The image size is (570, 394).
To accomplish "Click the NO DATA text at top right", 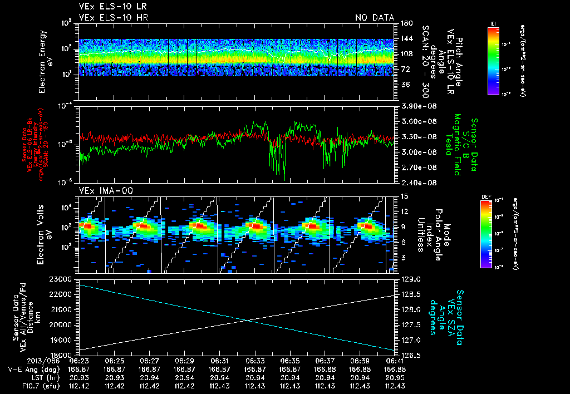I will pyautogui.click(x=375, y=17).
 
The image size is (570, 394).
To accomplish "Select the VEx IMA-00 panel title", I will pyautogui.click(x=101, y=191).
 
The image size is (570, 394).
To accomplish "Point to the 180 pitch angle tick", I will pyautogui.click(x=405, y=23).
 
